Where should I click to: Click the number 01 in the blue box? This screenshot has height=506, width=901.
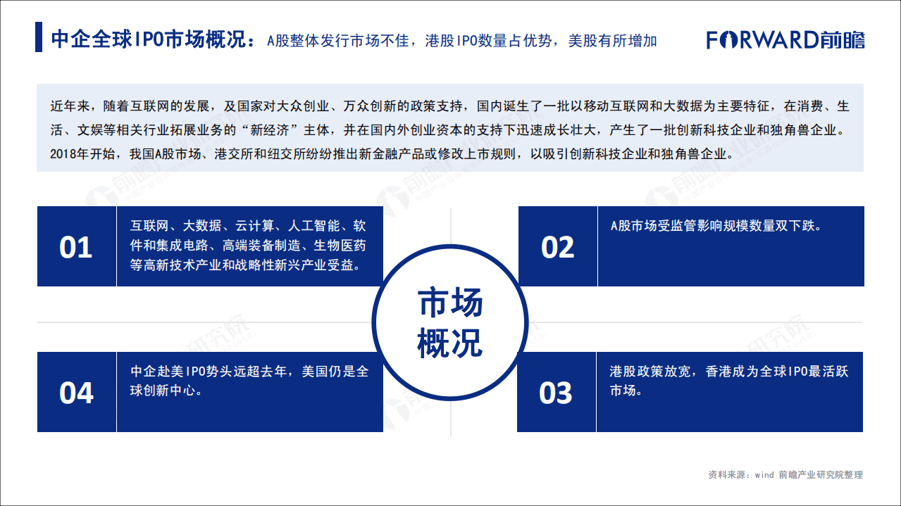tap(76, 247)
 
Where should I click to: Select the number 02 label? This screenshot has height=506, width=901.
tap(557, 247)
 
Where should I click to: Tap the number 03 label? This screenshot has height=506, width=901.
tap(556, 393)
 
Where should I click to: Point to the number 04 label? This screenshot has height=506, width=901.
tap(76, 393)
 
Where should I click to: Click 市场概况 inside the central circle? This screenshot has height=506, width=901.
tap(450, 323)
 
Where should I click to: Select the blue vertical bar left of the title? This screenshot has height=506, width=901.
tap(39, 38)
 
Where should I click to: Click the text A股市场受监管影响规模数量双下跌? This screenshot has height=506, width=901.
tap(716, 226)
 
